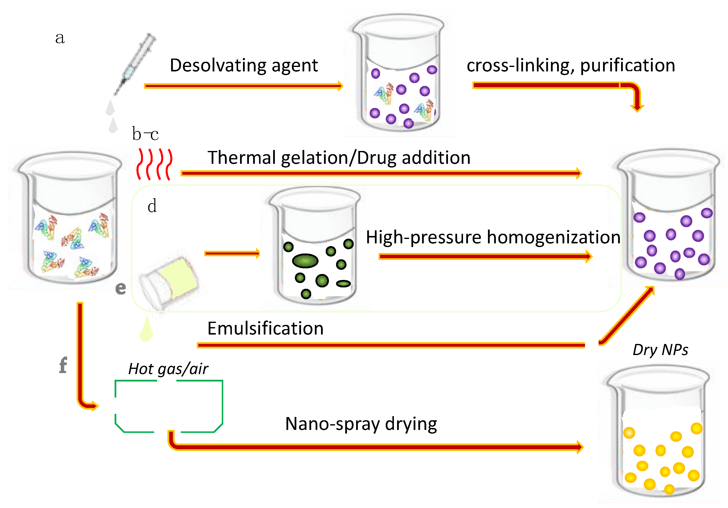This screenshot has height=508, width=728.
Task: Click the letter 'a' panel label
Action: [60, 38]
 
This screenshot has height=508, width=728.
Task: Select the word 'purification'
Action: [627, 66]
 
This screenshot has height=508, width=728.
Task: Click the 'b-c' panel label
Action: [145, 134]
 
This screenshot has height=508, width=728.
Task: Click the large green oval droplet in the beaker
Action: [305, 261]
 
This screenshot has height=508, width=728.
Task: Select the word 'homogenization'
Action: [554, 237]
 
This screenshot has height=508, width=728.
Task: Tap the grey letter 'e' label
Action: [121, 288]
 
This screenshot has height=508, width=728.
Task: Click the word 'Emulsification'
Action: [265, 328]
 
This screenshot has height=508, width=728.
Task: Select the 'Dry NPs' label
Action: [660, 350]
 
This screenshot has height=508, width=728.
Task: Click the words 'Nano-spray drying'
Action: [361, 424]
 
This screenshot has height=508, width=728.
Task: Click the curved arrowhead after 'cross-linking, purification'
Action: [637, 106]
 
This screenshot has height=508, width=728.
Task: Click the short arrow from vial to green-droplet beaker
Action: [232, 253]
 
